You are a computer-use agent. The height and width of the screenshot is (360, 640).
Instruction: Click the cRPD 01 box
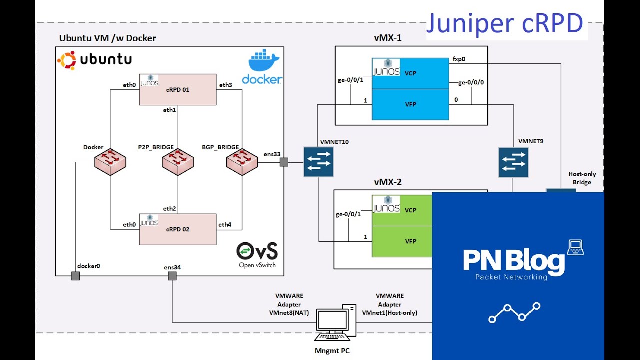click(177, 90)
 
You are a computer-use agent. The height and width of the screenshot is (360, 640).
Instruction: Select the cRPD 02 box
click(177, 229)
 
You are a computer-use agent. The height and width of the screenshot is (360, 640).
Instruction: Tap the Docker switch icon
click(110, 161)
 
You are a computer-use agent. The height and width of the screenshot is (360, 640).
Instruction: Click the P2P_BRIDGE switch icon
click(177, 161)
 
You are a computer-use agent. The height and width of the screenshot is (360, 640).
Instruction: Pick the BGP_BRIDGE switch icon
click(241, 161)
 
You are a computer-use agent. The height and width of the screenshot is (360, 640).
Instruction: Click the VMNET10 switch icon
click(318, 162)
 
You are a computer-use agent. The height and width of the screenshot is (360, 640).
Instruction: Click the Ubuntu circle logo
click(66, 60)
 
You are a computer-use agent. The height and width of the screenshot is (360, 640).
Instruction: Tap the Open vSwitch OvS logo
click(257, 251)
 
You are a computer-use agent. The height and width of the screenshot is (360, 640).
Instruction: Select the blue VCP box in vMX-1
click(410, 73)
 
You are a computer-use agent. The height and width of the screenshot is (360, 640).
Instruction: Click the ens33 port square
click(284, 162)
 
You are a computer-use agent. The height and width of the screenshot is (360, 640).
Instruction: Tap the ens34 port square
click(172, 276)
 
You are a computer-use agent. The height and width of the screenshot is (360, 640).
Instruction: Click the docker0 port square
click(75, 276)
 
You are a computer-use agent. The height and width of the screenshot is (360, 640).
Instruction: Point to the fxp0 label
click(459, 58)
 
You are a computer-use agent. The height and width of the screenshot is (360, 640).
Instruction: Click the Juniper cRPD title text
click(504, 23)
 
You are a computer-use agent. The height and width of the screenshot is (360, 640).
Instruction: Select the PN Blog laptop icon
click(575, 247)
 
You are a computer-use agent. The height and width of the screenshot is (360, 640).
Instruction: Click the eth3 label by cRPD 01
click(225, 85)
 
